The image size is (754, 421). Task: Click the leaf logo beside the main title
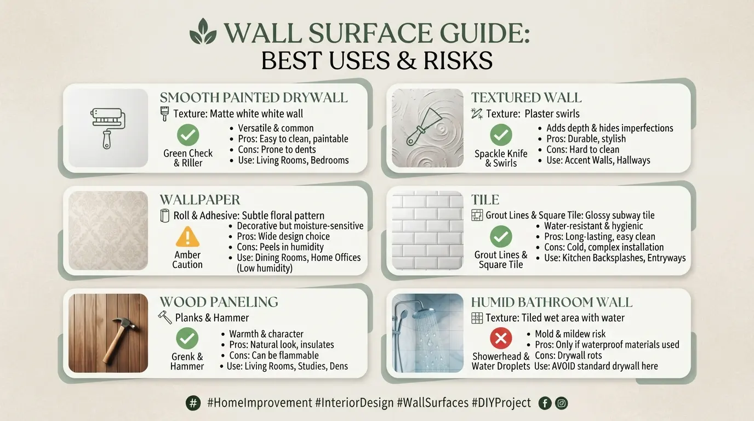pos(203,31)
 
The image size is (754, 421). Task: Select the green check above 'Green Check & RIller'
pos(188,135)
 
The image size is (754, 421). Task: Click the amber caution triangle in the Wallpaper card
pos(187,236)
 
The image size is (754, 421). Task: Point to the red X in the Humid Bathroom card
pos(501,338)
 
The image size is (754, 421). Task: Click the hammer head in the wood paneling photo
pos(124,324)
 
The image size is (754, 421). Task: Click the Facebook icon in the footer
pos(545,403)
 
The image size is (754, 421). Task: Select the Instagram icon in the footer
pos(561,403)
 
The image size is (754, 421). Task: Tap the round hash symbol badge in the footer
pos(193,403)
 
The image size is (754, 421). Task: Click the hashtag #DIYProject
pos(501,403)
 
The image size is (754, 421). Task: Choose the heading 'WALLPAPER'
pos(200,200)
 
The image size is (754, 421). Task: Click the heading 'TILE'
pos(485,200)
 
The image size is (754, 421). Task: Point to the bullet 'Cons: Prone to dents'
pos(277,150)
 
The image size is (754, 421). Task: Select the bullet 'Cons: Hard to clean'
pos(582,150)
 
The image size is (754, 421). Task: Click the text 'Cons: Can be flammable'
pos(273,355)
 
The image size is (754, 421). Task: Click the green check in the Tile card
pos(501,236)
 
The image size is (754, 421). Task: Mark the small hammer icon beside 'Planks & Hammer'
pos(165,317)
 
